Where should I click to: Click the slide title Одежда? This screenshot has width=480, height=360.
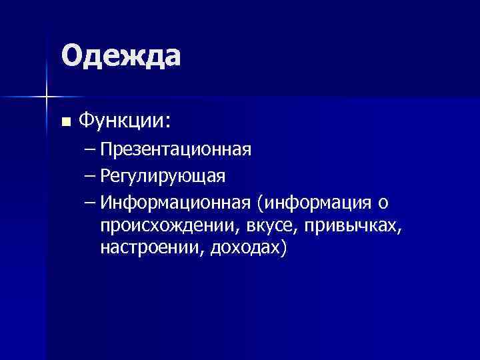[121, 55]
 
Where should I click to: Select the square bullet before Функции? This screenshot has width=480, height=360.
[65, 122]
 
